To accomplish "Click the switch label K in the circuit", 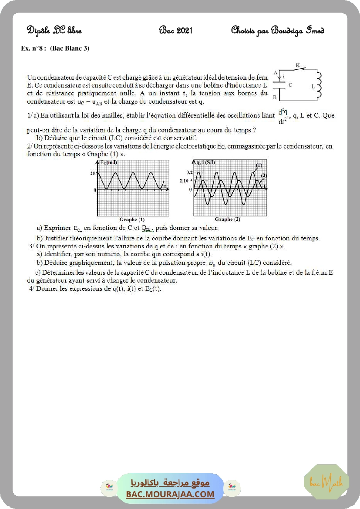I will point(298,65).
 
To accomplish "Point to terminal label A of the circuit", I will point(275,73).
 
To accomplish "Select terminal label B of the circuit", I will point(275,97).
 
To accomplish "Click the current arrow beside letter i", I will point(279,76).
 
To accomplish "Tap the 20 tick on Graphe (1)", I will point(92,173).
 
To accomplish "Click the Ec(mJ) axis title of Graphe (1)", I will point(108,163).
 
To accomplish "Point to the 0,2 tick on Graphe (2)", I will point(189,173).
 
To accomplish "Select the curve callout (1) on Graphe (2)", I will point(259,165).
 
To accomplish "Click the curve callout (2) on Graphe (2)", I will point(263,175).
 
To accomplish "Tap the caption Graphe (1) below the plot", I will point(132,219).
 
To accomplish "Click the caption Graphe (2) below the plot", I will point(227,219).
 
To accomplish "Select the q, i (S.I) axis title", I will point(205,163).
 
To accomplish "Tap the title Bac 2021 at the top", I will point(176,30).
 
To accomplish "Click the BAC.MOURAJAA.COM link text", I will point(170,494).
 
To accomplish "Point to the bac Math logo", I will point(326,482).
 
